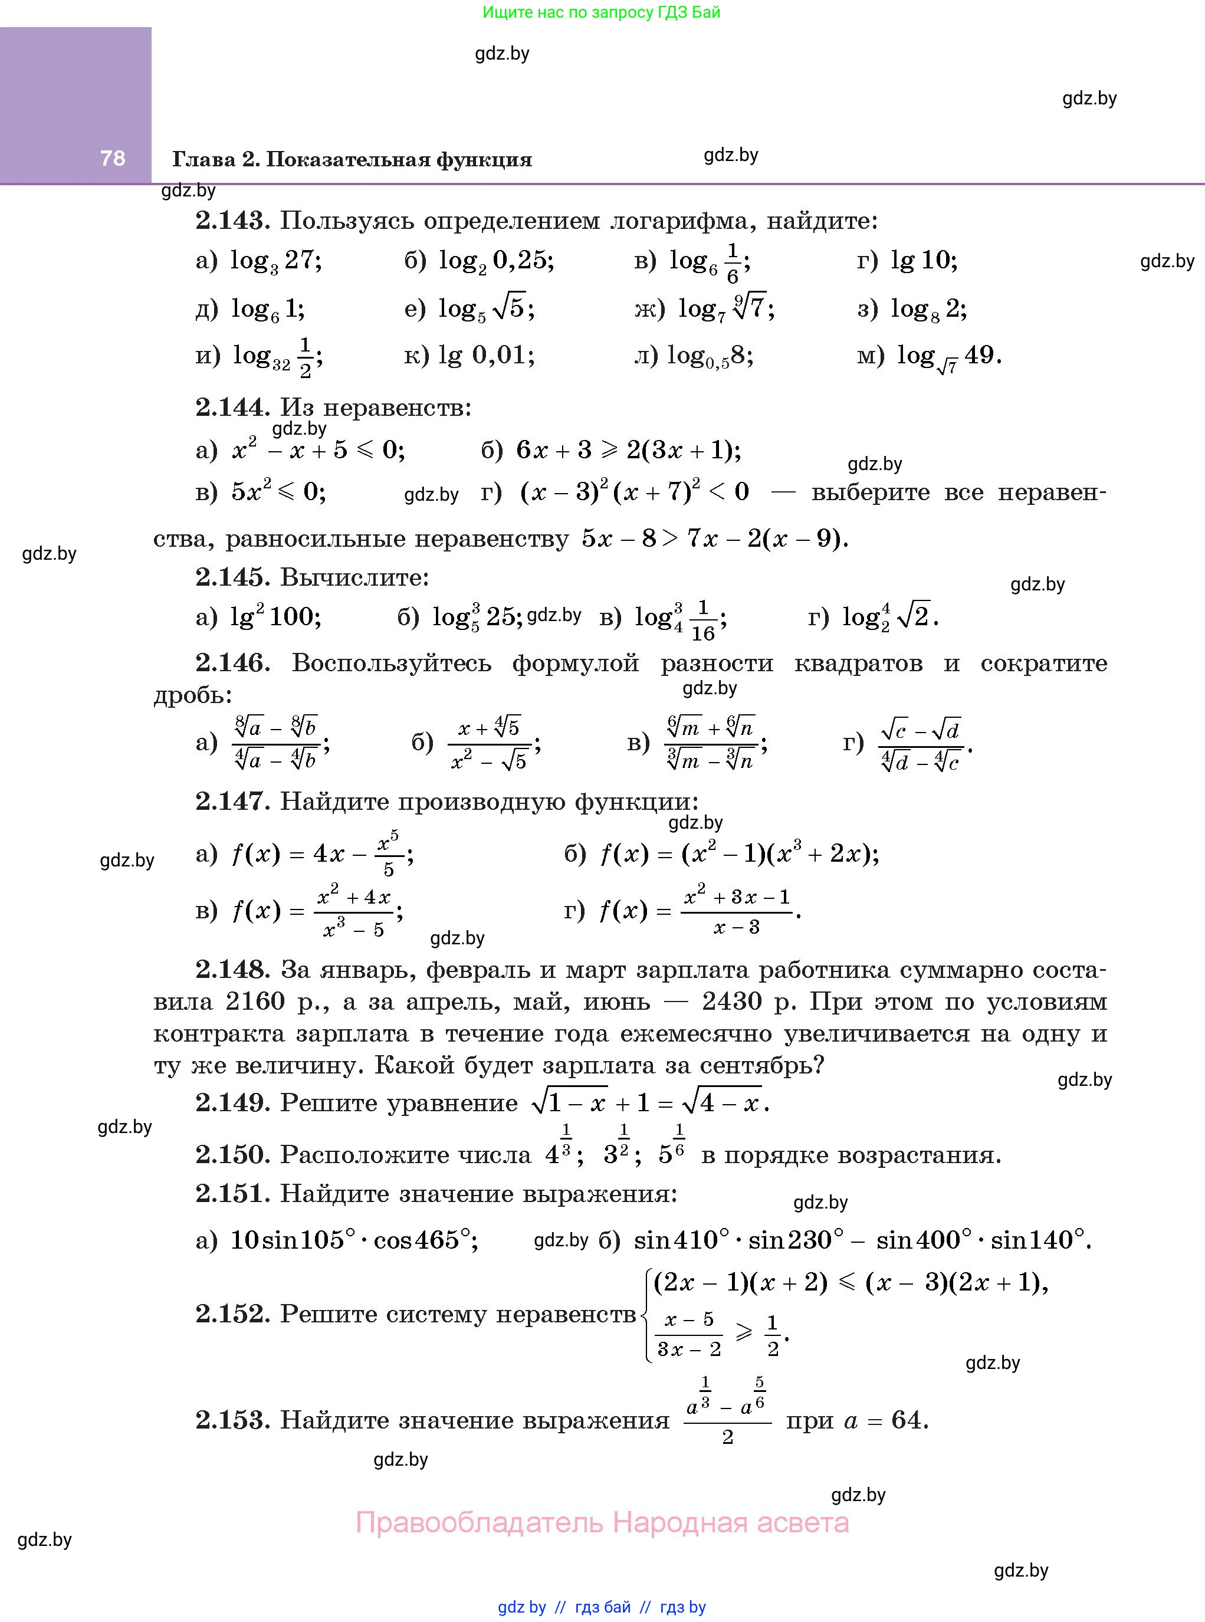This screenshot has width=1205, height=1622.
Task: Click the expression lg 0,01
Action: (486, 356)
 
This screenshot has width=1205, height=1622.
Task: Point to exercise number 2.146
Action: (232, 663)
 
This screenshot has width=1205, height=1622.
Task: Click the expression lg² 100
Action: (275, 617)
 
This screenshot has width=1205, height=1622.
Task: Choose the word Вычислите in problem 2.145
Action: (354, 577)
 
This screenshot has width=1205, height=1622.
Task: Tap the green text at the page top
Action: (601, 12)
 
